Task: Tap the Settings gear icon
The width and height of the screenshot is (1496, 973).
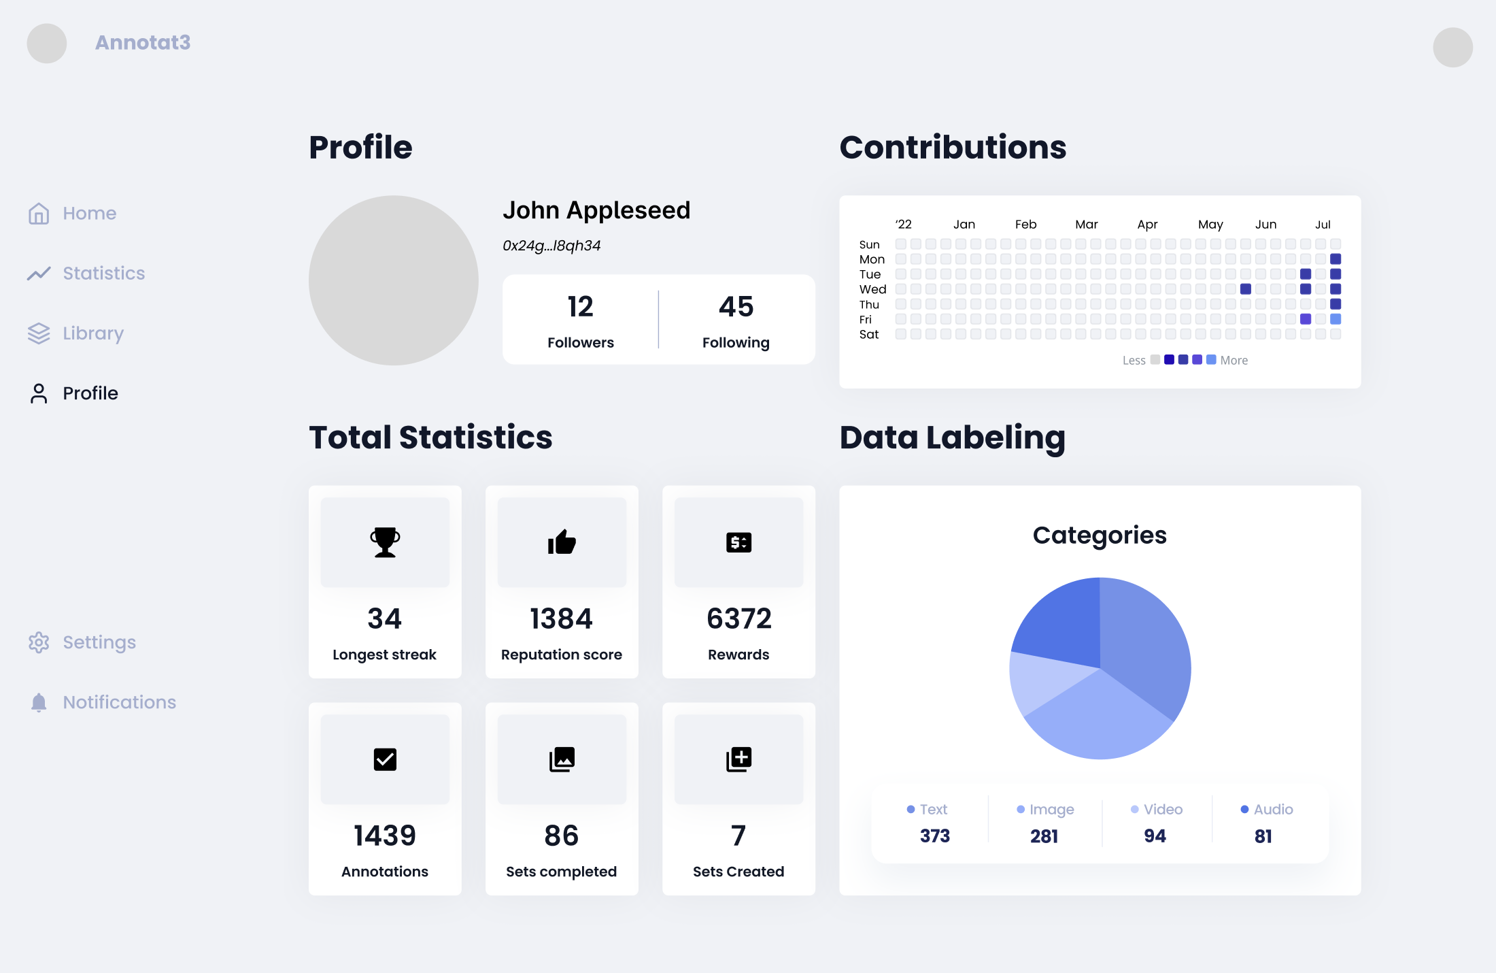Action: click(39, 642)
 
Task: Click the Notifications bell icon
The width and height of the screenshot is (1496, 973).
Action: click(39, 702)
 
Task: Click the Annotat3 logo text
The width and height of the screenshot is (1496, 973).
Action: click(143, 43)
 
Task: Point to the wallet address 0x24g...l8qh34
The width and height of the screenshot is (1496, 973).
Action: click(551, 246)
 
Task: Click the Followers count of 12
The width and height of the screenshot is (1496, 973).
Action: click(581, 307)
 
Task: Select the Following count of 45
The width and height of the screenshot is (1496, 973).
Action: click(736, 307)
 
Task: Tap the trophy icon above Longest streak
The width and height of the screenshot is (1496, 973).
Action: click(385, 542)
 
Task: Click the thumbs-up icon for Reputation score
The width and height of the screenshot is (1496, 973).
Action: click(562, 542)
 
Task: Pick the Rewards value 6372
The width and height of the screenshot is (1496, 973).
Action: click(738, 619)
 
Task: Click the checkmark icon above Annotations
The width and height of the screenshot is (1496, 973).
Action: click(385, 759)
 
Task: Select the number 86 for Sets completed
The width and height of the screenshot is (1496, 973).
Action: click(562, 836)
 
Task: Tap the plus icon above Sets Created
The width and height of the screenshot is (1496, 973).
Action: click(738, 759)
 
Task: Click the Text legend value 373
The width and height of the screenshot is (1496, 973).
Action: click(934, 836)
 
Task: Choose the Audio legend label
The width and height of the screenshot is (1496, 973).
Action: click(1273, 810)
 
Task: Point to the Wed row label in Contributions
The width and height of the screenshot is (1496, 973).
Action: click(872, 290)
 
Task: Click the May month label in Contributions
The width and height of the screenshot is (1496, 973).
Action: click(1210, 225)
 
